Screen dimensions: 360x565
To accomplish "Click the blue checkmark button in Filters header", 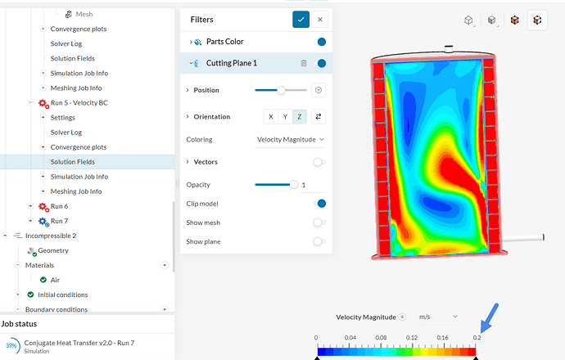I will click(x=301, y=19).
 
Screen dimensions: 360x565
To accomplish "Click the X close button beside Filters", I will click(x=320, y=19).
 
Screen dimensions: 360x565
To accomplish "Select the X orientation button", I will click(x=271, y=117).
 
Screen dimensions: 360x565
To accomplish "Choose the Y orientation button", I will click(x=285, y=117).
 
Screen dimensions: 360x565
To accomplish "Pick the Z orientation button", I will click(x=299, y=117).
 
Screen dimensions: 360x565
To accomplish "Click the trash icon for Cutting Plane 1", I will click(x=304, y=63).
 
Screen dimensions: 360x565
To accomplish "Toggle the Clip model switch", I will click(x=320, y=204).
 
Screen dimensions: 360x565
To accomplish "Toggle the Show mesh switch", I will click(x=319, y=223).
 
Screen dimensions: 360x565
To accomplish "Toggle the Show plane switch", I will click(x=319, y=241).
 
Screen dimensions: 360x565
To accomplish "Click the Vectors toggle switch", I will click(x=319, y=162).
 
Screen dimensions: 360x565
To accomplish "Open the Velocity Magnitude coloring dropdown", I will click(x=291, y=140).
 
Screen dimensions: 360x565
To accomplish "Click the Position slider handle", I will click(x=281, y=90).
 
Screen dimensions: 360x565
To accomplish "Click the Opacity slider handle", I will click(x=294, y=185).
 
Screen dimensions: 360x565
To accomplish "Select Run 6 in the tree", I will click(x=59, y=206).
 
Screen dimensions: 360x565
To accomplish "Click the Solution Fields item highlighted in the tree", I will click(x=73, y=162).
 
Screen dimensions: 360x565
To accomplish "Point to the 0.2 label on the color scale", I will click(x=477, y=337).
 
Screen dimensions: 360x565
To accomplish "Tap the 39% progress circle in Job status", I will click(x=12, y=346).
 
